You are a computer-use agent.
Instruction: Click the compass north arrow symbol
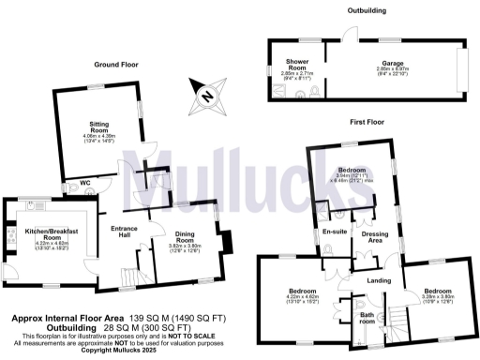click(205, 91)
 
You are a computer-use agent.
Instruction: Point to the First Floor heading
click(373, 122)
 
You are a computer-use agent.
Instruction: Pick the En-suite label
click(335, 231)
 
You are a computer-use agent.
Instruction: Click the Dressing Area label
click(375, 235)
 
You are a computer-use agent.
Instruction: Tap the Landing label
click(379, 280)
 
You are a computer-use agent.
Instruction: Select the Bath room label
click(368, 319)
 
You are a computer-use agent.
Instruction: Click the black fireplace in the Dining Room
click(226, 243)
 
